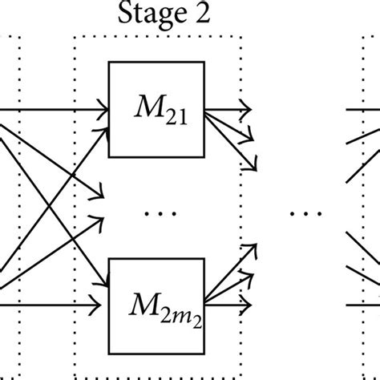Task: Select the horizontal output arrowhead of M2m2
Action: (x=248, y=305)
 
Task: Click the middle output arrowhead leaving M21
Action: (x=251, y=135)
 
